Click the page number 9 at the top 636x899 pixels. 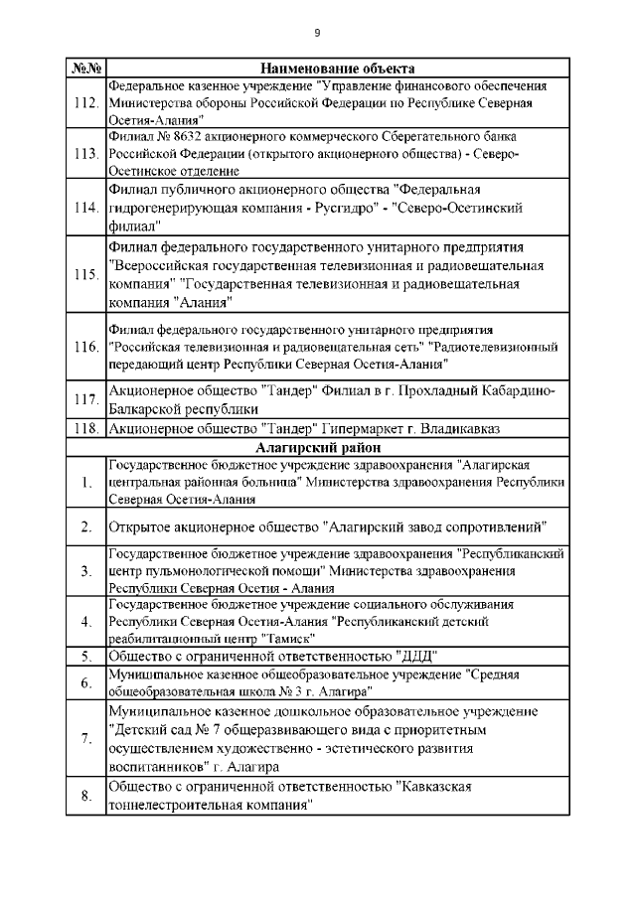[317, 33]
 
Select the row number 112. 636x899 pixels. [86, 102]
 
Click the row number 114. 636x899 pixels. [86, 207]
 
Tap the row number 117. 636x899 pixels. [86, 399]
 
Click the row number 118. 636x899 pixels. [86, 428]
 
